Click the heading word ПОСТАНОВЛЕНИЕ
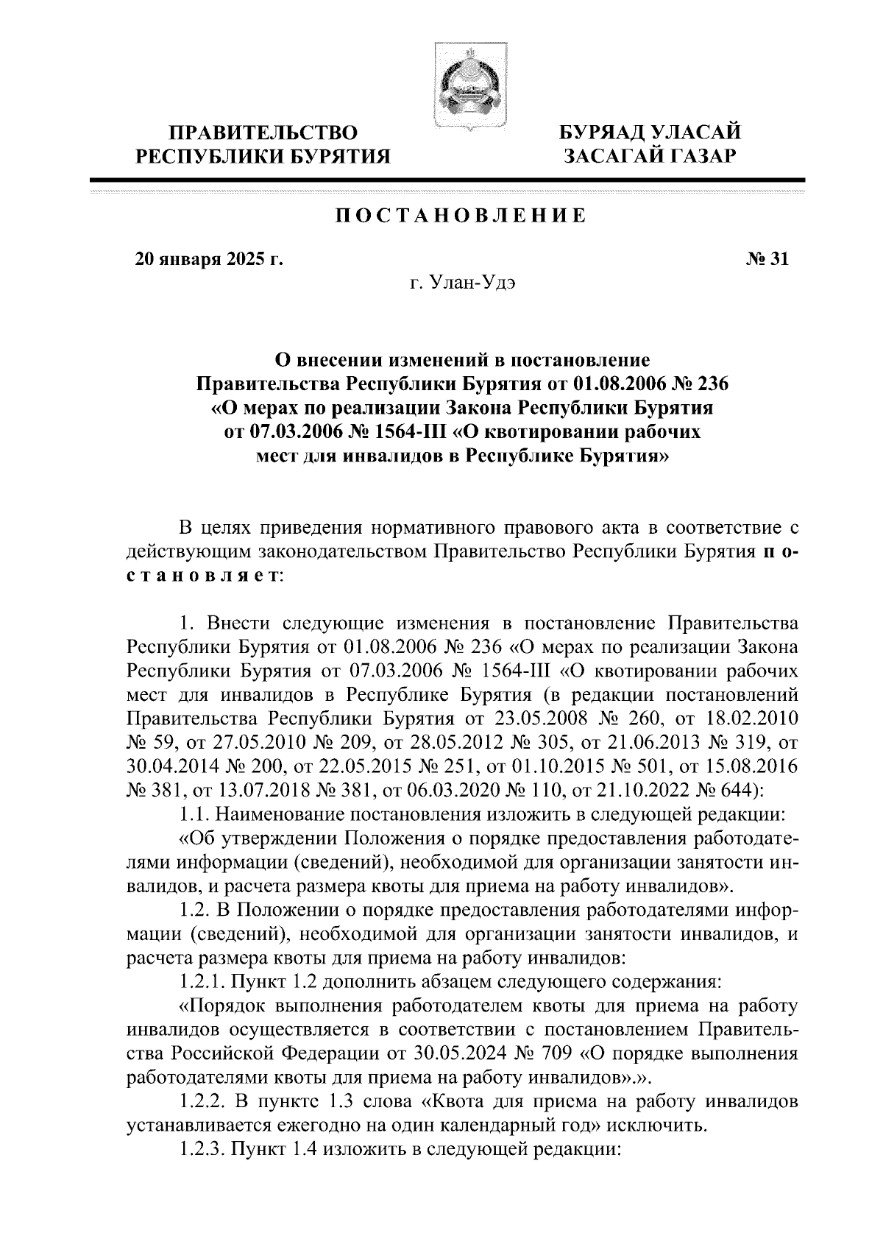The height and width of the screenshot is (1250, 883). (x=461, y=216)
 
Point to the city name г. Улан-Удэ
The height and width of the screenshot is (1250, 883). (x=462, y=284)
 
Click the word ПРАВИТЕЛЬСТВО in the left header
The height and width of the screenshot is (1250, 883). (x=264, y=133)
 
